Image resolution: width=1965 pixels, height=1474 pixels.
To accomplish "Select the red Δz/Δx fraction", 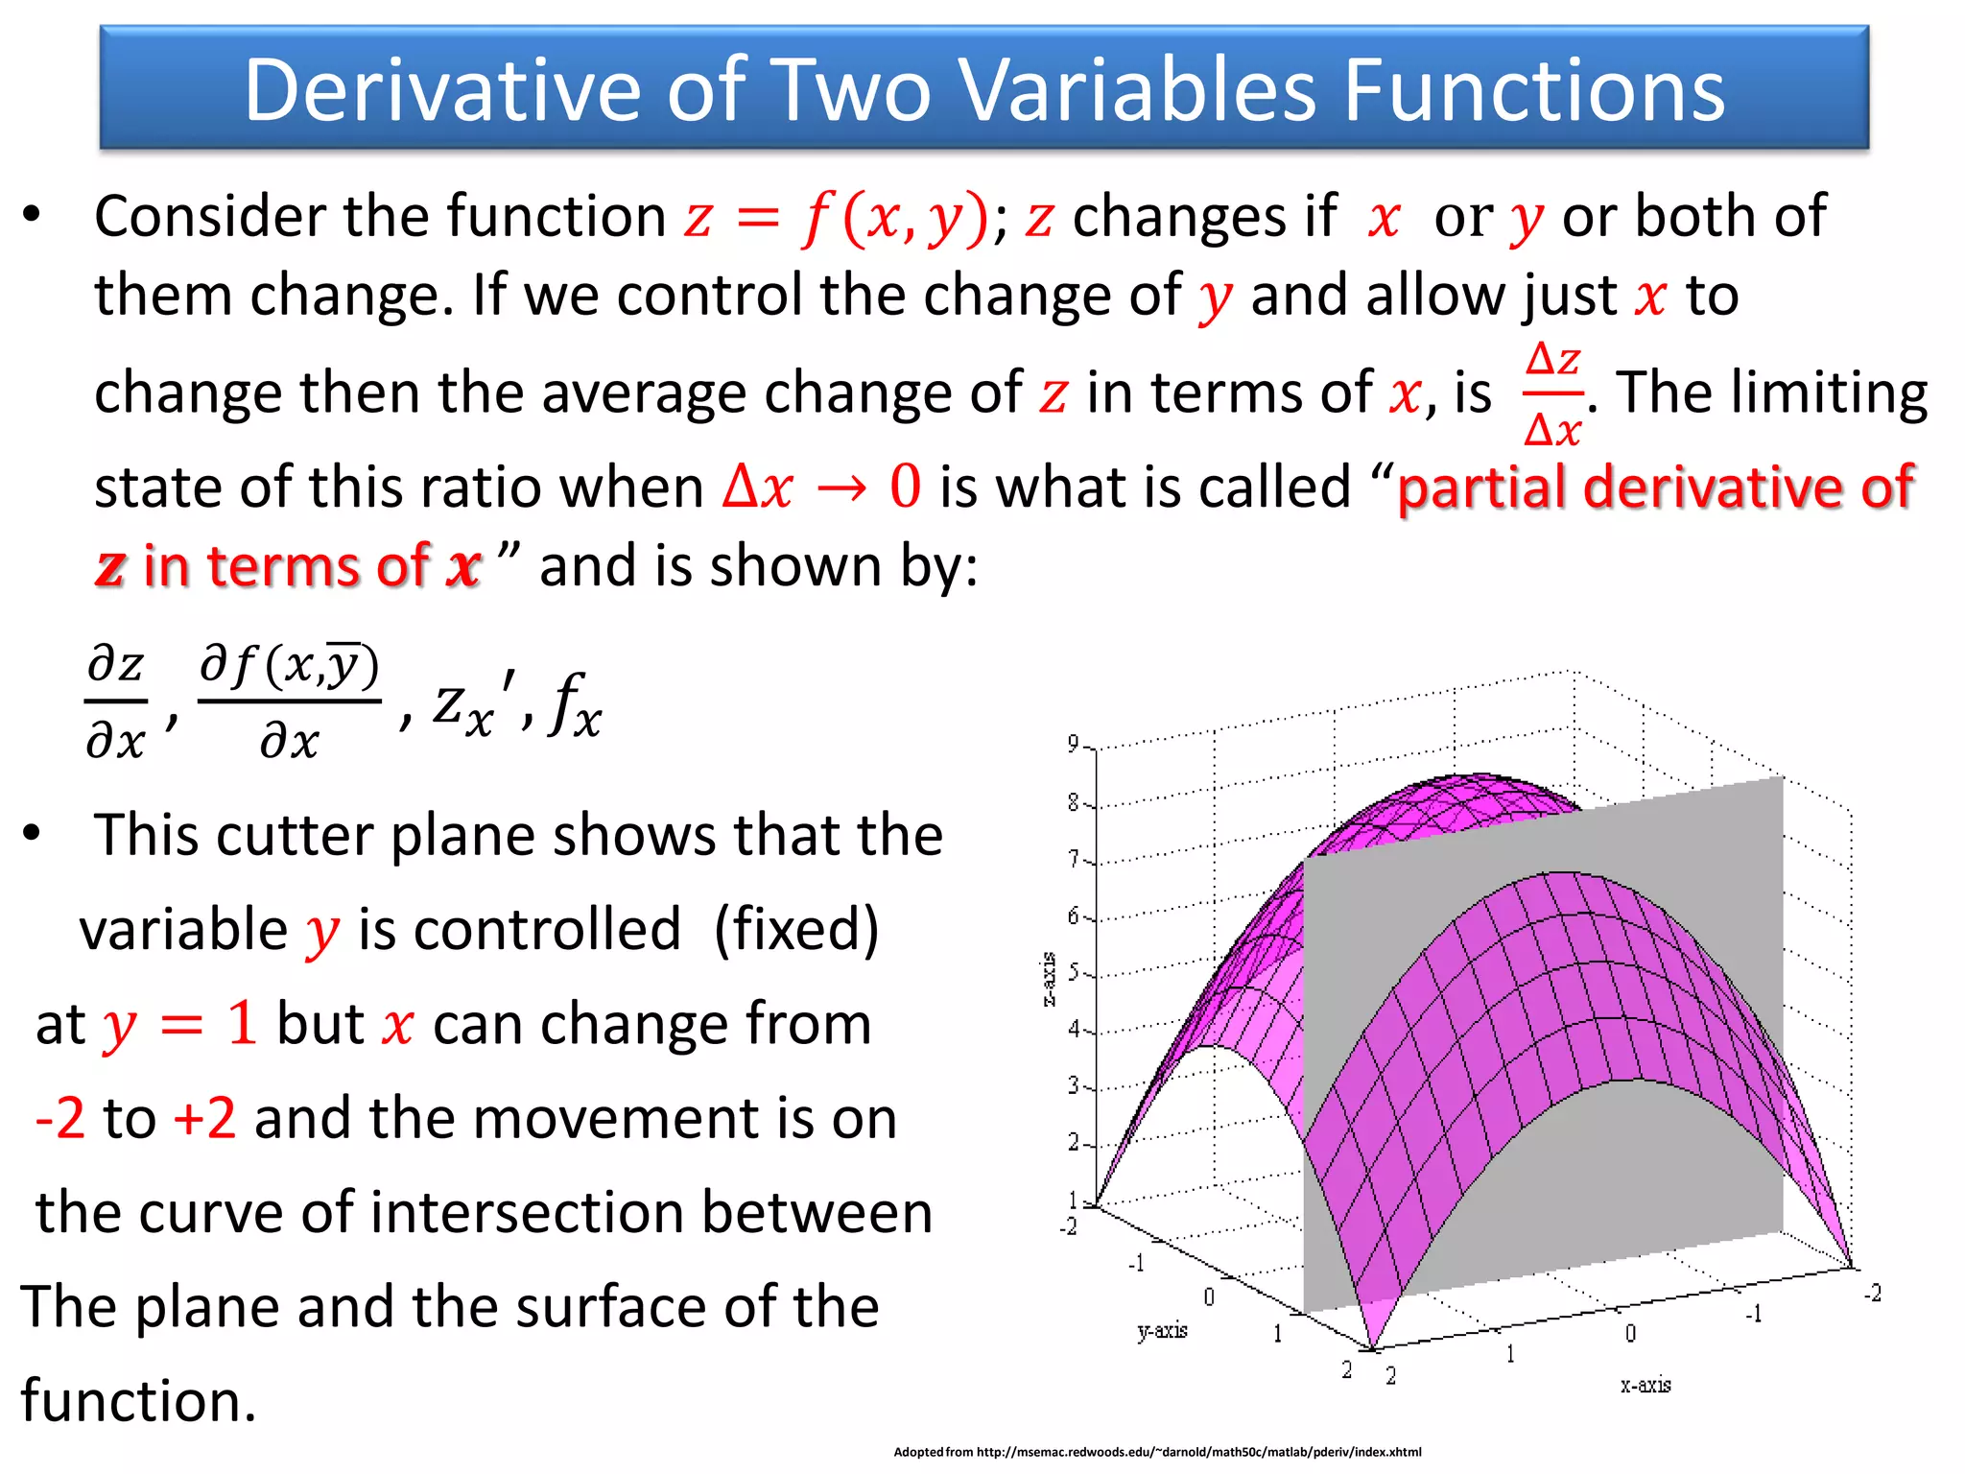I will (x=1552, y=394).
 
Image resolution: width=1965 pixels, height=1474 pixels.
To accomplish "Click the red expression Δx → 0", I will (x=822, y=487).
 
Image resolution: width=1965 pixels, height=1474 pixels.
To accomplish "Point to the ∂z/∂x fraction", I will (x=116, y=702).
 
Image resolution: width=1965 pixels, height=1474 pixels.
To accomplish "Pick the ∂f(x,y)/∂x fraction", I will (x=290, y=702).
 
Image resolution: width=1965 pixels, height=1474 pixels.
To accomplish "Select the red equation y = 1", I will (x=180, y=1024).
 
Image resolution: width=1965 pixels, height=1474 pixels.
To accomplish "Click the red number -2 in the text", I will (x=59, y=1118).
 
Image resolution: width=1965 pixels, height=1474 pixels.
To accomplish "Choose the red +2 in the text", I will (x=204, y=1118).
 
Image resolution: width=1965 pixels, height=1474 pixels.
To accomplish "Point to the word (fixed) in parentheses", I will (x=796, y=929).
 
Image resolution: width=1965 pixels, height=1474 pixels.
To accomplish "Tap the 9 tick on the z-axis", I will (x=1074, y=744).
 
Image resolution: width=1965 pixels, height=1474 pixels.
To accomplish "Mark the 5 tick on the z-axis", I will (x=1074, y=972).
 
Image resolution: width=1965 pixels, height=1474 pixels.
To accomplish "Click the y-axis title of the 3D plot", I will (x=1162, y=1331).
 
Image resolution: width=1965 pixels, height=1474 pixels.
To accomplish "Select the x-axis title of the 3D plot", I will (x=1645, y=1385).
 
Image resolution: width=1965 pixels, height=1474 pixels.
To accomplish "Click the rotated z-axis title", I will (x=1049, y=979).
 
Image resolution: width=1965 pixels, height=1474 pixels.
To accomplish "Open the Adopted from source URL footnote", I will (x=1157, y=1452).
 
